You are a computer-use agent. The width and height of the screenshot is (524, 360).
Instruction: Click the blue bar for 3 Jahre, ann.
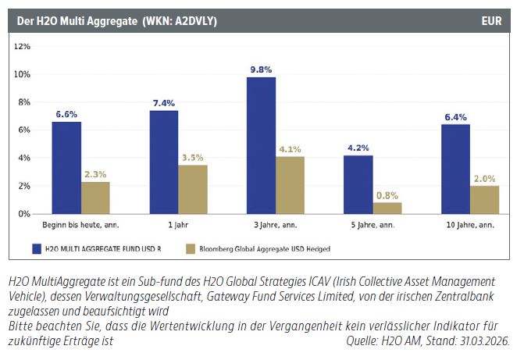point(261,145)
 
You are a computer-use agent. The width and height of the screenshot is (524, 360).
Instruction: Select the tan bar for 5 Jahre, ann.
point(387,208)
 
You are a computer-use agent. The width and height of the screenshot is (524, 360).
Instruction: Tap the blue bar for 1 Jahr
point(164,162)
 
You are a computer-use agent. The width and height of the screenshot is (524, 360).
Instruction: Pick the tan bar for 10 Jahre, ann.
point(484,199)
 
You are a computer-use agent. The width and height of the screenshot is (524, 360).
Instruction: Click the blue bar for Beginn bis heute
point(66,167)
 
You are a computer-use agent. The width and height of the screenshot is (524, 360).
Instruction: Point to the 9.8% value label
point(261,70)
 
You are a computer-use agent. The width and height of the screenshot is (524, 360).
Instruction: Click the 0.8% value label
point(387,195)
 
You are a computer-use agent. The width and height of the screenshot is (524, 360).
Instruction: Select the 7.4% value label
point(164,103)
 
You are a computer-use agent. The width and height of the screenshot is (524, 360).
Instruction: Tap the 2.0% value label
point(484,179)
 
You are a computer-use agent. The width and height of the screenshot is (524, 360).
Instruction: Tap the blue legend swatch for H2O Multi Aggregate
point(37,248)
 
